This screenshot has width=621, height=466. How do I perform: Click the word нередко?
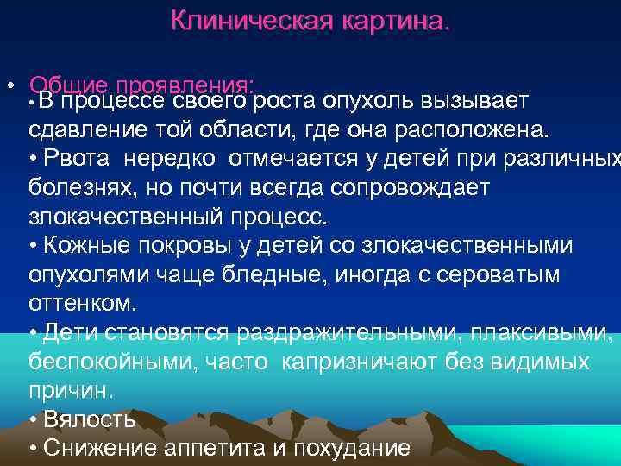click(177, 160)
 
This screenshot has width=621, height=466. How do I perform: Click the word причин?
click(69, 390)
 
